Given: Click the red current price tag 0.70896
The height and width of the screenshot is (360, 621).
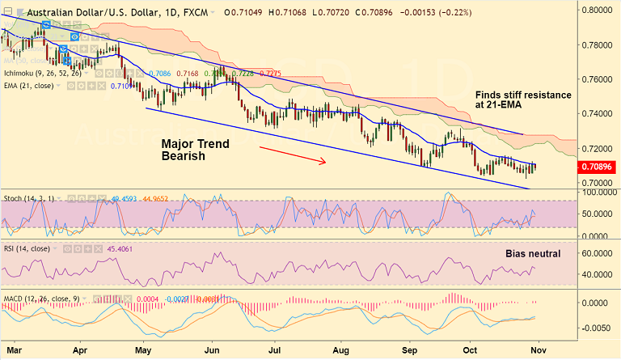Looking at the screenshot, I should point(597,167).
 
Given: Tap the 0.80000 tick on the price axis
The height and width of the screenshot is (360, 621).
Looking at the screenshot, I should point(597,11).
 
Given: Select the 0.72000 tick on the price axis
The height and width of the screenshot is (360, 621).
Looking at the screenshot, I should point(597,149).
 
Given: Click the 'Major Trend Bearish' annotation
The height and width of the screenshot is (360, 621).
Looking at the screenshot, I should point(195,150).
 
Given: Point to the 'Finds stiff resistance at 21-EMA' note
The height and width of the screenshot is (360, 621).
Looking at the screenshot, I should point(522,101).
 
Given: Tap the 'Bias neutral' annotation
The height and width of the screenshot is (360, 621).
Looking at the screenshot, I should point(532,253).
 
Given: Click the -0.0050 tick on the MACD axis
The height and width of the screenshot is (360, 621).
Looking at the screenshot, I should point(597,328).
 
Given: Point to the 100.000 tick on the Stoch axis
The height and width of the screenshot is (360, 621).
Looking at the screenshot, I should point(597,193).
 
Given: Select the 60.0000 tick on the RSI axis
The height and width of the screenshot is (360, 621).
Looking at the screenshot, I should point(597,253).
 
